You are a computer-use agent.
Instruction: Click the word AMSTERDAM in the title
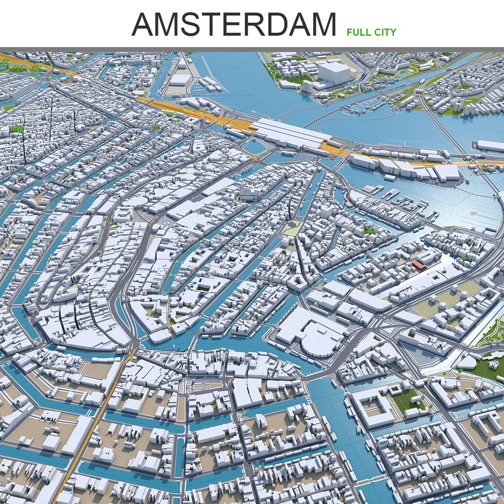tap(234, 25)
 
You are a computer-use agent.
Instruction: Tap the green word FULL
tap(359, 32)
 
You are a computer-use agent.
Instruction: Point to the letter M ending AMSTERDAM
tap(321, 25)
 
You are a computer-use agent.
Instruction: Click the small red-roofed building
tap(419, 265)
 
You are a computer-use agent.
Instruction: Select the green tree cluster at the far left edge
tap(17, 129)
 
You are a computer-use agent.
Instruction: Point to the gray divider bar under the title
tap(252, 50)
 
